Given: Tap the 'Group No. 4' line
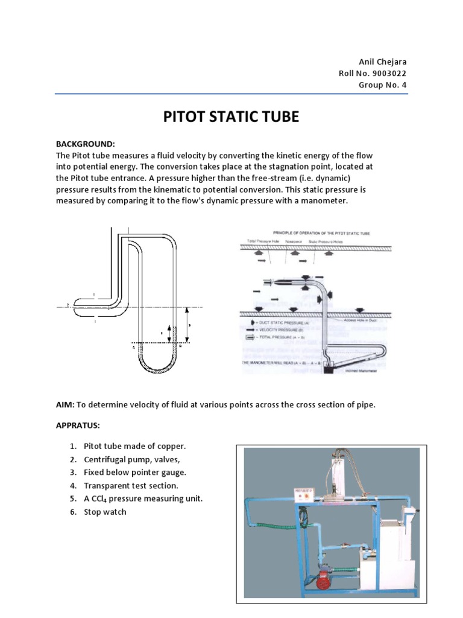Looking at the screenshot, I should tap(383, 85).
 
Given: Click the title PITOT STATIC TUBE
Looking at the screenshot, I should tap(231, 117).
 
